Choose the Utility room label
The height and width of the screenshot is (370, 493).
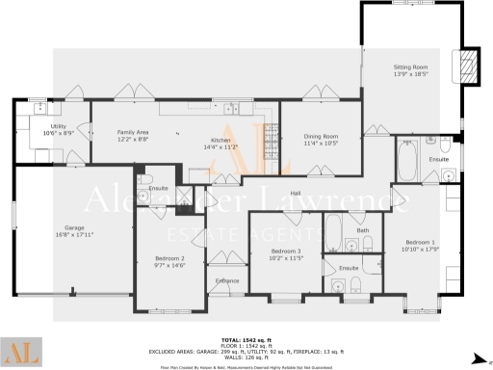pyautogui.click(x=60, y=126)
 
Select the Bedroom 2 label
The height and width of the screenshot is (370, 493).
pyautogui.click(x=169, y=258)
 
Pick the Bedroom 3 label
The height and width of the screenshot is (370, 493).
pyautogui.click(x=286, y=251)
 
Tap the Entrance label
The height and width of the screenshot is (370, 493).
pyautogui.click(x=227, y=280)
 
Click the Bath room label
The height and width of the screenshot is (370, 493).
pyautogui.click(x=363, y=230)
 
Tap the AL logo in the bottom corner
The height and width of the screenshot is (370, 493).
pyautogui.click(x=21, y=351)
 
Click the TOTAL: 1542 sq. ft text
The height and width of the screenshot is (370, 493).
pyautogui.click(x=246, y=340)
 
